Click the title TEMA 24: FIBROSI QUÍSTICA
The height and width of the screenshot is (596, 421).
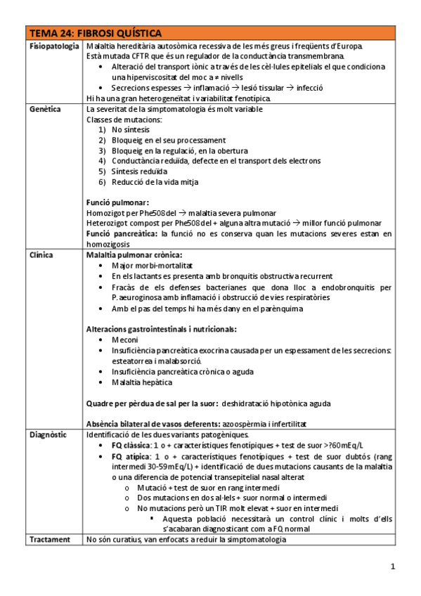94,33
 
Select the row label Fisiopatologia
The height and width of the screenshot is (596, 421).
53,46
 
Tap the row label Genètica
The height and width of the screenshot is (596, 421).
44,110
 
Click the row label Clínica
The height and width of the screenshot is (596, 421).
41,255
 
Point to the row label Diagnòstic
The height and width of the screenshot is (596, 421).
47,434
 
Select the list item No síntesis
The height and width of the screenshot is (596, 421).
131,130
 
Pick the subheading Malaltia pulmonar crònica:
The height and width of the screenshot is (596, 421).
134,255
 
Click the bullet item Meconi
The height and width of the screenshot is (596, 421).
126,339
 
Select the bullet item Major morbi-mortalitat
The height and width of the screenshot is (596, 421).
153,266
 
